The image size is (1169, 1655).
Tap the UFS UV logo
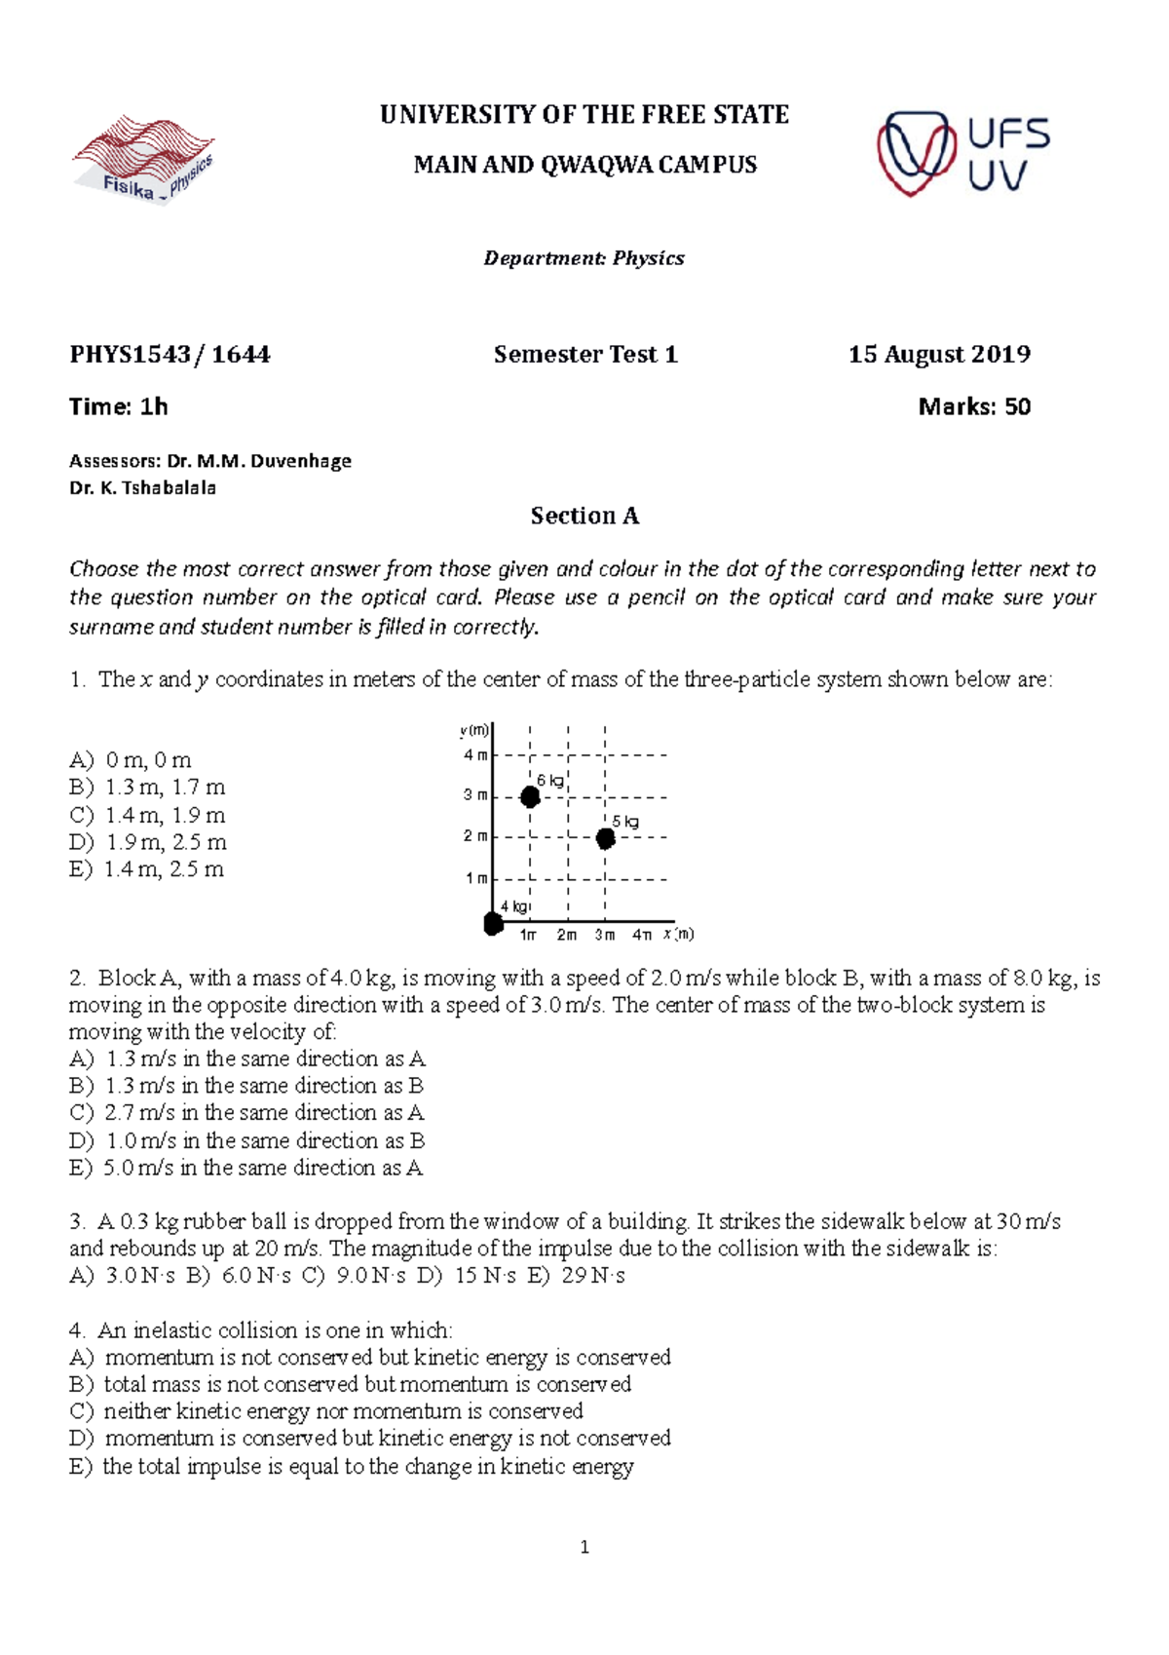pyautogui.click(x=962, y=154)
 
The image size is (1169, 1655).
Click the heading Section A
pyautogui.click(x=584, y=516)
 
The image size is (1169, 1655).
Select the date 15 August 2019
pyautogui.click(x=938, y=354)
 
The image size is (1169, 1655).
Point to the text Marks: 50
pyautogui.click(x=973, y=406)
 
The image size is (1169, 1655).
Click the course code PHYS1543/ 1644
pyautogui.click(x=170, y=354)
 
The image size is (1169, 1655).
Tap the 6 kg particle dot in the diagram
pyautogui.click(x=530, y=797)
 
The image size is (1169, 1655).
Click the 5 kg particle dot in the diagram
pyautogui.click(x=606, y=838)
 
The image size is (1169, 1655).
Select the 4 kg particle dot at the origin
pyautogui.click(x=494, y=922)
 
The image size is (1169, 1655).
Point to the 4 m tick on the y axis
pyautogui.click(x=475, y=754)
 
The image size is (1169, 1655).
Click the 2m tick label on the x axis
pyautogui.click(x=567, y=935)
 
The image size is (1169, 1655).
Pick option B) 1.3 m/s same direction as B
pyautogui.click(x=246, y=1086)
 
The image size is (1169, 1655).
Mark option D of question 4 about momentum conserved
pyautogui.click(x=370, y=1439)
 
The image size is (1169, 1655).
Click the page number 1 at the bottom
pyautogui.click(x=584, y=1547)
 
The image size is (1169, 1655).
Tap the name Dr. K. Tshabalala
pyautogui.click(x=143, y=487)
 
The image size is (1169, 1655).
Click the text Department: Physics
pyautogui.click(x=584, y=258)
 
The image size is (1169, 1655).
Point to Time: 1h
pyautogui.click(x=119, y=406)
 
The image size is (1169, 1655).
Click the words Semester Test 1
pyautogui.click(x=584, y=354)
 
